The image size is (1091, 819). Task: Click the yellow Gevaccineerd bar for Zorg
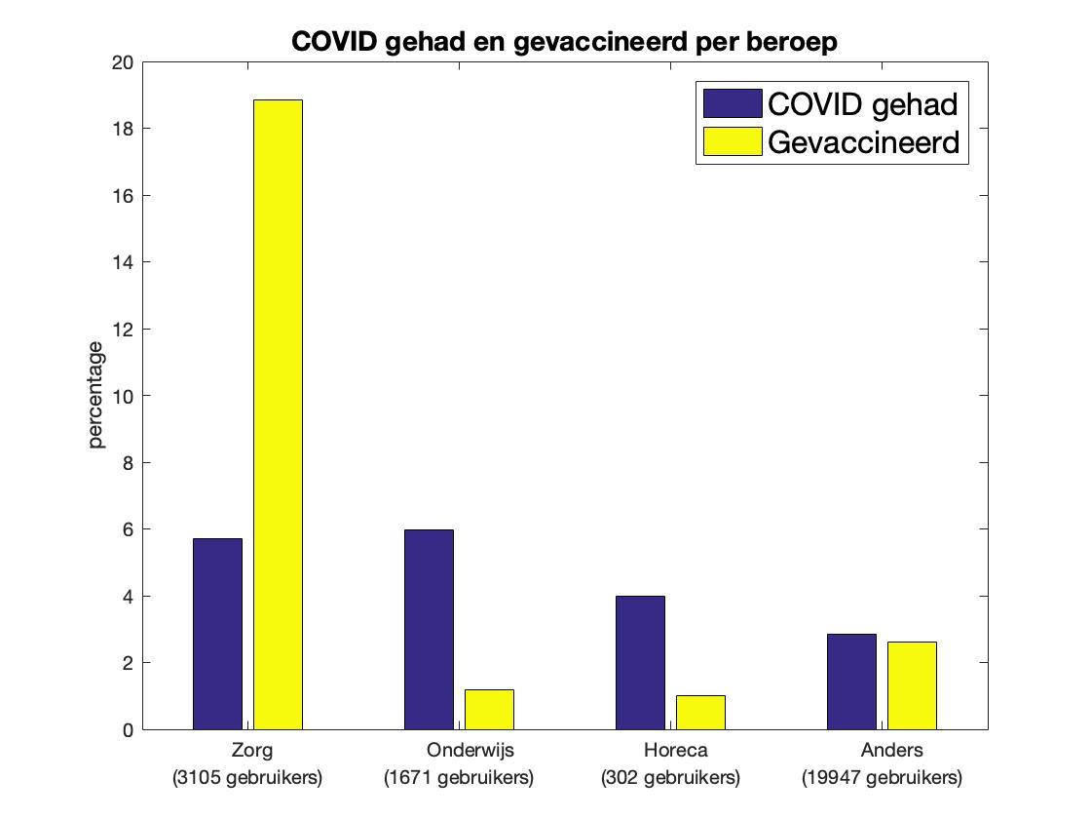coord(278,414)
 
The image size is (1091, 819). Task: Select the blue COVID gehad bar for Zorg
coord(217,634)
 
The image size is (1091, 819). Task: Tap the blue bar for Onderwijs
coord(429,629)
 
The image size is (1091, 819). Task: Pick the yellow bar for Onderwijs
coord(489,710)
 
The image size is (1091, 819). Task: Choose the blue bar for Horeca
coord(640,663)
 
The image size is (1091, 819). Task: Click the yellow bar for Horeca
coord(700,713)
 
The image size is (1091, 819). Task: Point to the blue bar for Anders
coord(851,682)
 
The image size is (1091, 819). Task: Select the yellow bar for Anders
coord(912,685)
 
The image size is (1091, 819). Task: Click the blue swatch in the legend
coord(732,102)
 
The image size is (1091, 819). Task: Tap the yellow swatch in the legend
coord(732,142)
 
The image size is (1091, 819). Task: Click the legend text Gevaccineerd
coord(864,142)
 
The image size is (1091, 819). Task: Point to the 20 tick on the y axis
coord(124,62)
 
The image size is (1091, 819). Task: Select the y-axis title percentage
coord(95,395)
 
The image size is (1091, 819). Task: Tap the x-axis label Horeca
coord(676,751)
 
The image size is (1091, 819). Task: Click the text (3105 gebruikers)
coord(247,778)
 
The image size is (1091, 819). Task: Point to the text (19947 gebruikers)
coord(882,778)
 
